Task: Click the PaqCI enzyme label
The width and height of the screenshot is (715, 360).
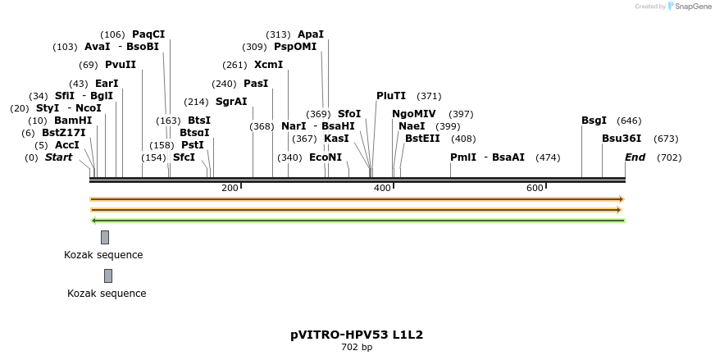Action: tap(148, 34)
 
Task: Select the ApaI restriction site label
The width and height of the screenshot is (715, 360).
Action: tap(311, 34)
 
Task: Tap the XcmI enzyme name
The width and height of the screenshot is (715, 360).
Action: tap(268, 65)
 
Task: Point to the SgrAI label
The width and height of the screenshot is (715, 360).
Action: tap(231, 102)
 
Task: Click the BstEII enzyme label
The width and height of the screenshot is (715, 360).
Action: tap(422, 139)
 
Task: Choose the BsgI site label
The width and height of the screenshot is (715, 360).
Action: tap(594, 121)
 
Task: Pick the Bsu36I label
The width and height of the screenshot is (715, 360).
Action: tap(622, 139)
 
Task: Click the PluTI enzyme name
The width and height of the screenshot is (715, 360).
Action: tap(391, 96)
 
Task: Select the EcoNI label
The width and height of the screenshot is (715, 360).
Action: tap(326, 157)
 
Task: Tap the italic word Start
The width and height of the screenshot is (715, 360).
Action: tap(58, 157)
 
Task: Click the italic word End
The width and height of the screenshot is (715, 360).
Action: tap(635, 157)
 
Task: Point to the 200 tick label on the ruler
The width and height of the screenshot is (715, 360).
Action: tap(230, 188)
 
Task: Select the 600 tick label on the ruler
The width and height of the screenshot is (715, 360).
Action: tap(535, 188)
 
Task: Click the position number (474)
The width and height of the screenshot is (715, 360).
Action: tap(548, 157)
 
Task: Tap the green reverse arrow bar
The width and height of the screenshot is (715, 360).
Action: tap(357, 220)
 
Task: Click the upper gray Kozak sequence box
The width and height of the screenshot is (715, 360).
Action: tap(105, 238)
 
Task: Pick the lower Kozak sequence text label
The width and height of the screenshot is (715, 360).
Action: tap(107, 294)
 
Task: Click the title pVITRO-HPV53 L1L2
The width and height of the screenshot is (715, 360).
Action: tap(357, 335)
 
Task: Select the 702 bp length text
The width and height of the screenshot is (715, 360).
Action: tap(357, 348)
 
